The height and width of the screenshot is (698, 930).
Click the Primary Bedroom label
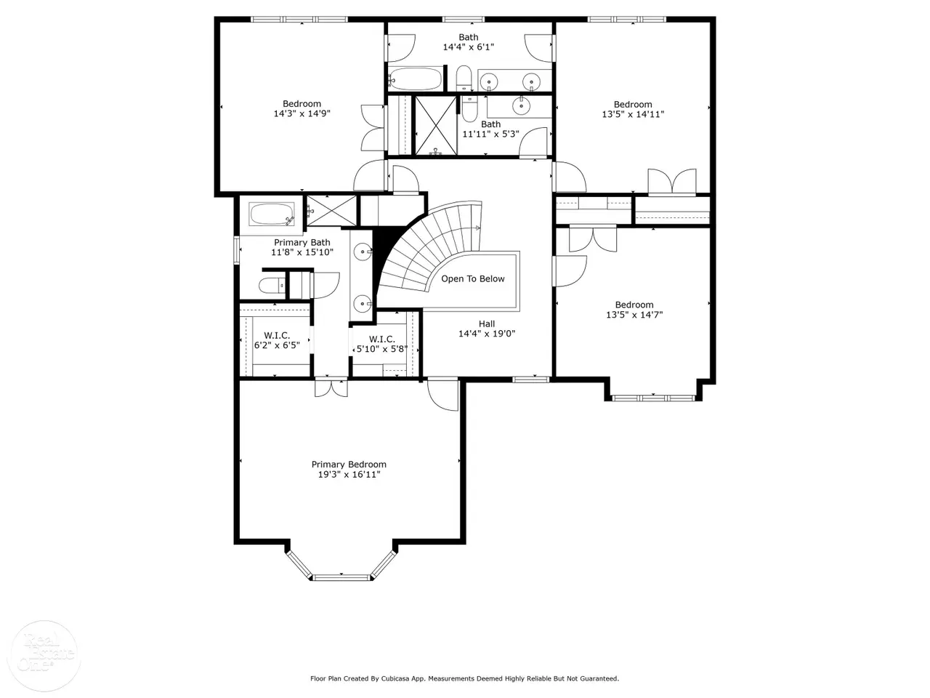coord(349,465)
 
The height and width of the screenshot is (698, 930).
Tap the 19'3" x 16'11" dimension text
coord(349,474)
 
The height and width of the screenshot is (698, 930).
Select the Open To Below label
coord(473,279)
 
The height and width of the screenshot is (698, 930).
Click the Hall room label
coord(487,324)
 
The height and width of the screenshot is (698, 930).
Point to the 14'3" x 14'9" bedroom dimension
coord(302,113)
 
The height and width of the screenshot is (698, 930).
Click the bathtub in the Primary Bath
coord(272,214)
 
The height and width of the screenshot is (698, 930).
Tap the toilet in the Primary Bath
coord(272,286)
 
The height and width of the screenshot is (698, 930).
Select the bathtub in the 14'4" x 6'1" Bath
coord(415,79)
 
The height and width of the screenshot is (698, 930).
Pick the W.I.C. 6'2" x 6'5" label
coord(277,340)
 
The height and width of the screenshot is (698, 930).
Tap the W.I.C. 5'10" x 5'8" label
coord(381,344)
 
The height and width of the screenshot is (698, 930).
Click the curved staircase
coord(428,250)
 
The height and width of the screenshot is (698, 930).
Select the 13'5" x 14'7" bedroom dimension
coord(634,314)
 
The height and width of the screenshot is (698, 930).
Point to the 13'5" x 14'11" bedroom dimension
coord(633,114)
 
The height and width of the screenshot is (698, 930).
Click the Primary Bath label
coord(302,242)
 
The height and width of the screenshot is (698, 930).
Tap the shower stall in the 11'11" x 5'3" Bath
coord(436,126)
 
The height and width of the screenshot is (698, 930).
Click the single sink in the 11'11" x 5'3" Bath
coord(520,104)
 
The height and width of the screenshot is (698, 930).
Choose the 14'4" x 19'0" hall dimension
coord(487,334)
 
